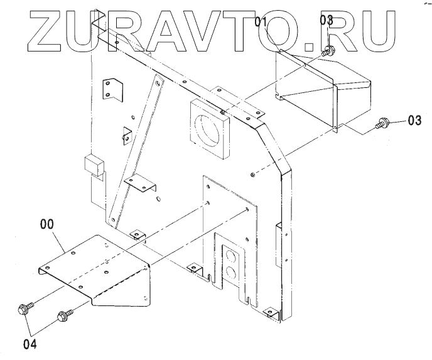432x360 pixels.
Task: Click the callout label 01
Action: tap(262, 23)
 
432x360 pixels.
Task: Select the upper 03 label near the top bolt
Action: tap(327, 20)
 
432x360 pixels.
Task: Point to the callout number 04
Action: tap(30, 344)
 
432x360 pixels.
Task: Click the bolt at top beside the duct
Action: tap(327, 53)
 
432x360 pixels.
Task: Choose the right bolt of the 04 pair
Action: tap(63, 315)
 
